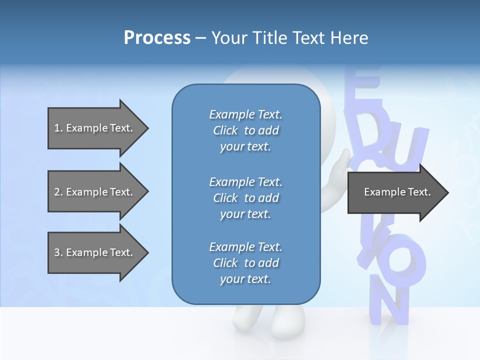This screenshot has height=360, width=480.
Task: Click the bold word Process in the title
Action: pyautogui.click(x=157, y=37)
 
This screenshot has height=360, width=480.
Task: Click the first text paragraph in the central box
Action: pyautogui.click(x=245, y=130)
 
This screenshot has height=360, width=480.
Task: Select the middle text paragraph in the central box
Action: pyautogui.click(x=245, y=198)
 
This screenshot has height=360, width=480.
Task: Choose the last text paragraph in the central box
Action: pyautogui.click(x=245, y=263)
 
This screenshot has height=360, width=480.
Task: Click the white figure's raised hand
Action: pyautogui.click(x=340, y=165)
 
